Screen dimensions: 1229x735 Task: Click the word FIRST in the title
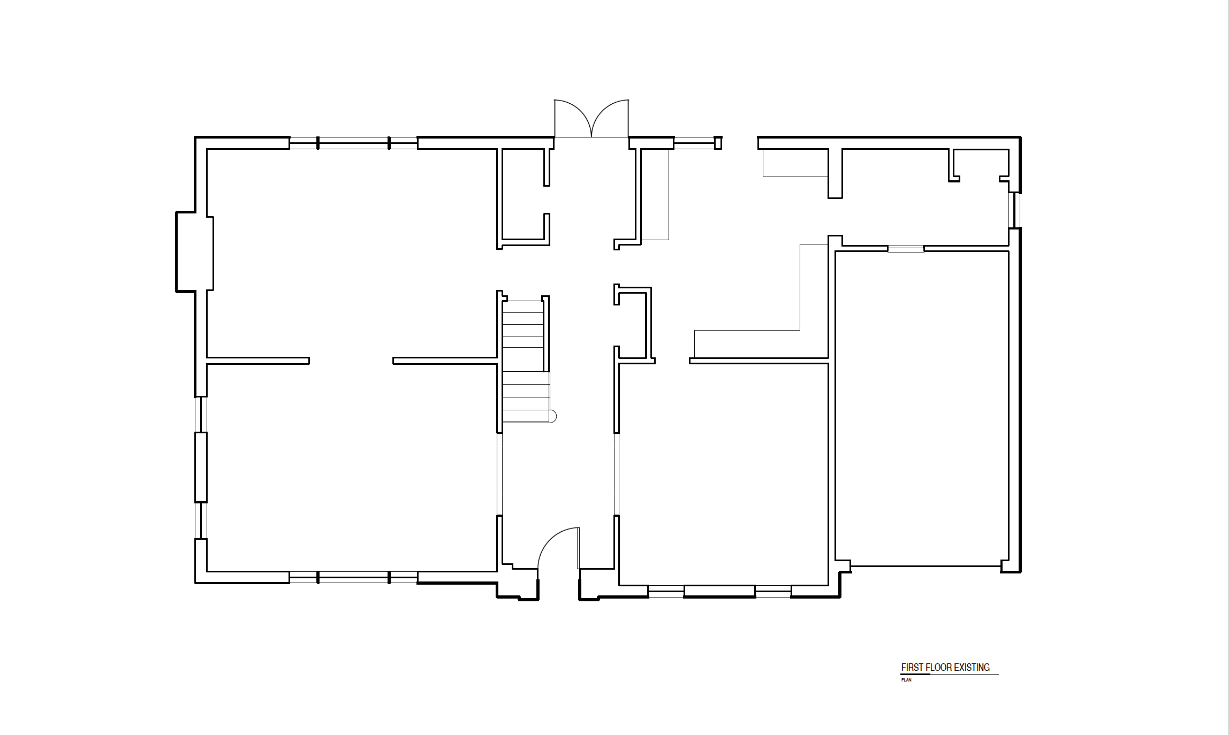pyautogui.click(x=912, y=667)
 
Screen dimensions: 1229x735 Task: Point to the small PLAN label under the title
pyautogui.click(x=906, y=680)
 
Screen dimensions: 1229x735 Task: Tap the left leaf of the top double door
pyautogui.click(x=572, y=118)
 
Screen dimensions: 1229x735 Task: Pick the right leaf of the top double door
pyautogui.click(x=610, y=118)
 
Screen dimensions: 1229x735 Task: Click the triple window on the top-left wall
pyautogui.click(x=353, y=143)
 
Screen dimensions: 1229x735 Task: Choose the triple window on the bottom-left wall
pyautogui.click(x=353, y=577)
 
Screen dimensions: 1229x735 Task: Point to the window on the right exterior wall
pyautogui.click(x=1014, y=210)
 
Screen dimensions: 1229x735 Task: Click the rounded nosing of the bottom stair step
pyautogui.click(x=553, y=416)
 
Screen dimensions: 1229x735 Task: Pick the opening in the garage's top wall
pyautogui.click(x=906, y=249)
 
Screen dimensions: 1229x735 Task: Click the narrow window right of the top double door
pyautogui.click(x=694, y=143)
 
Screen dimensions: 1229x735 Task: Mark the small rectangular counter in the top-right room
pyautogui.click(x=795, y=163)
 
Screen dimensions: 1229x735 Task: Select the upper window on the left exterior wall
pyautogui.click(x=201, y=415)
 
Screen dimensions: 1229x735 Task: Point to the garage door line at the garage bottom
pyautogui.click(x=925, y=565)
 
